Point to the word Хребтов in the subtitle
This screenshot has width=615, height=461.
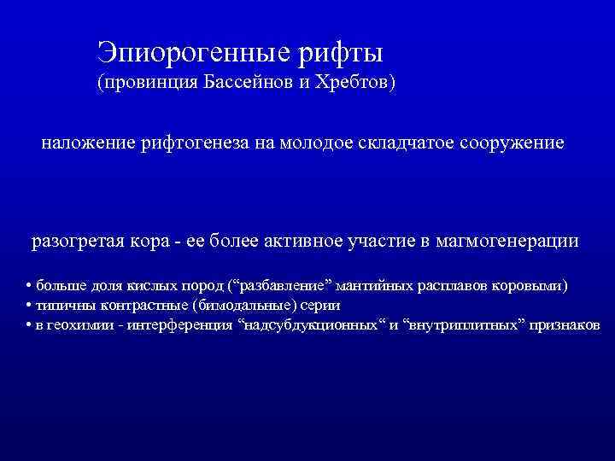pyautogui.click(x=351, y=85)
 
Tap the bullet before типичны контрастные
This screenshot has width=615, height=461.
pyautogui.click(x=29, y=305)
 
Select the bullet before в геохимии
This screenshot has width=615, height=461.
pyautogui.click(x=29, y=325)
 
